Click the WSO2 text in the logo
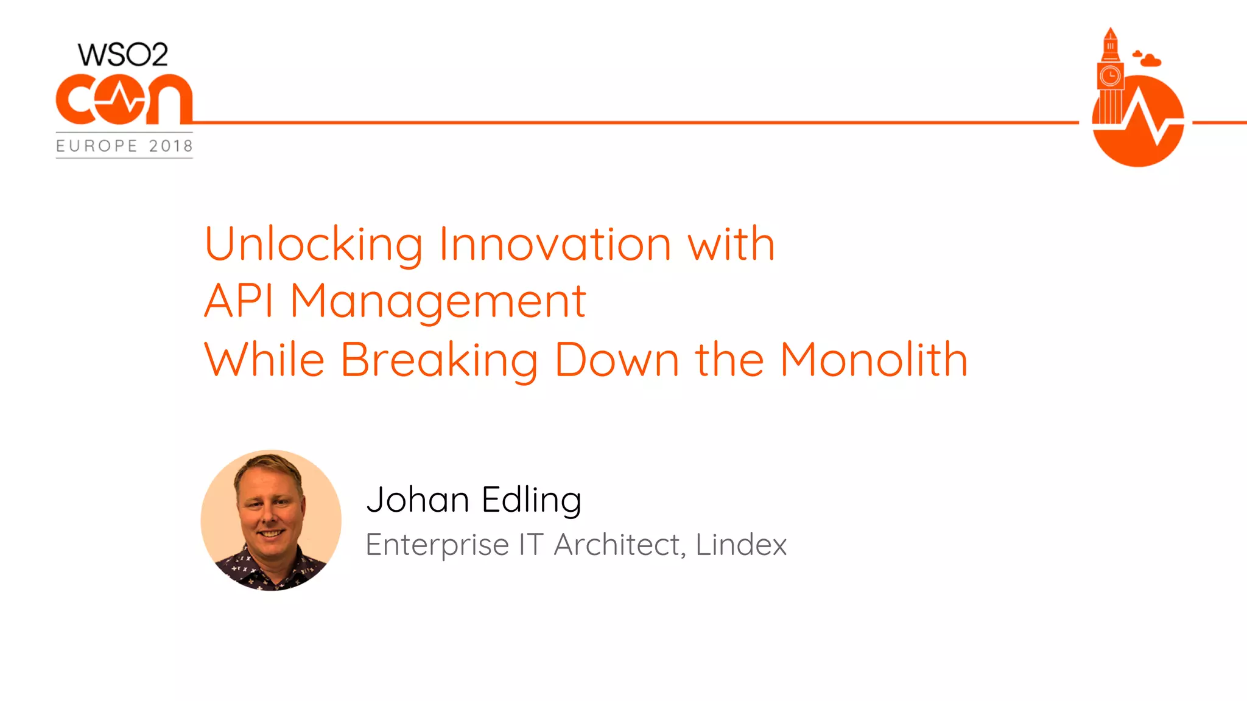(x=122, y=55)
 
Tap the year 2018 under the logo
(x=170, y=146)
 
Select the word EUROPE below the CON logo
(x=97, y=146)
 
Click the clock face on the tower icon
(x=1110, y=76)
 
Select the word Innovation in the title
(x=555, y=245)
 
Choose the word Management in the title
(x=438, y=302)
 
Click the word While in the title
(x=264, y=360)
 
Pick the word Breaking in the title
(x=439, y=361)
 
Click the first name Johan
(x=418, y=500)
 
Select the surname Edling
(x=532, y=501)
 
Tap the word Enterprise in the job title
(x=437, y=545)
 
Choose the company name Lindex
(x=741, y=544)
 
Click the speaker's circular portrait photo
(x=271, y=520)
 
